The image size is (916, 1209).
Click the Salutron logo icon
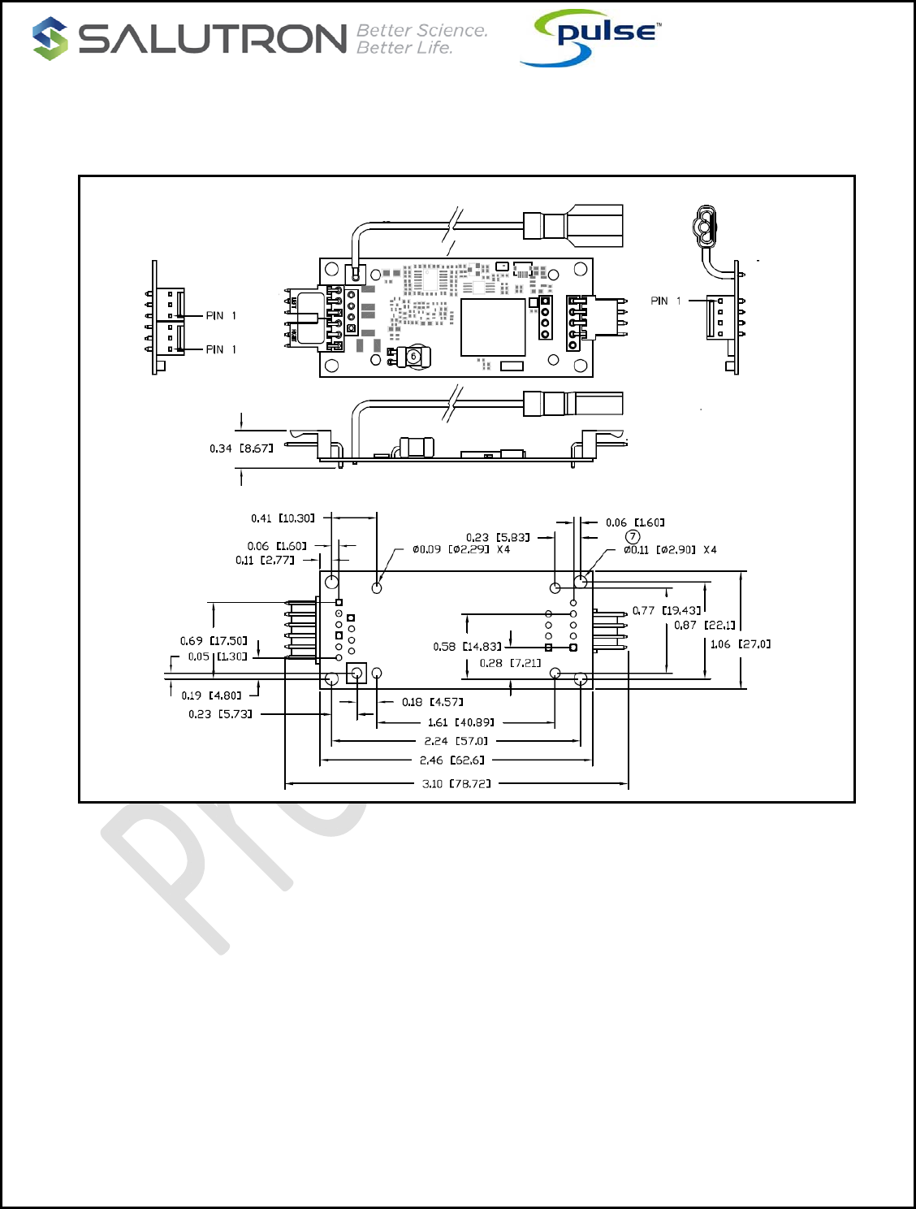click(50, 38)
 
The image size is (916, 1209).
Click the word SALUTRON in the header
click(213, 39)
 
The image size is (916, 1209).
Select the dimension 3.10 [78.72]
click(456, 784)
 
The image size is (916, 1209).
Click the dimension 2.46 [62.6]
click(452, 760)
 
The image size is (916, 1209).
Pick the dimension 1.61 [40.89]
click(460, 722)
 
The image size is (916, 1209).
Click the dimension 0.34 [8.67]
click(241, 448)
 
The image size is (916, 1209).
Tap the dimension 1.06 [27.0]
click(741, 644)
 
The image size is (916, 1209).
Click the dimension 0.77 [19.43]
click(666, 610)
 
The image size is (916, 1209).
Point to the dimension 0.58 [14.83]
click(467, 647)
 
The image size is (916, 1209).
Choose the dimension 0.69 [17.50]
click(214, 641)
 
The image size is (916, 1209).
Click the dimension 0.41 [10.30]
click(283, 518)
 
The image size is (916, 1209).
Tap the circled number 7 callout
click(633, 536)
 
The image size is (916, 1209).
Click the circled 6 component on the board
click(413, 356)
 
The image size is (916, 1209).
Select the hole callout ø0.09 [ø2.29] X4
click(461, 549)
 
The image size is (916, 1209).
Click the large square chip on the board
click(493, 327)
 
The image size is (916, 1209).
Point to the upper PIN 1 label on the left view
click(221, 316)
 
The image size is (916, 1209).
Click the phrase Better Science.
click(422, 30)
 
